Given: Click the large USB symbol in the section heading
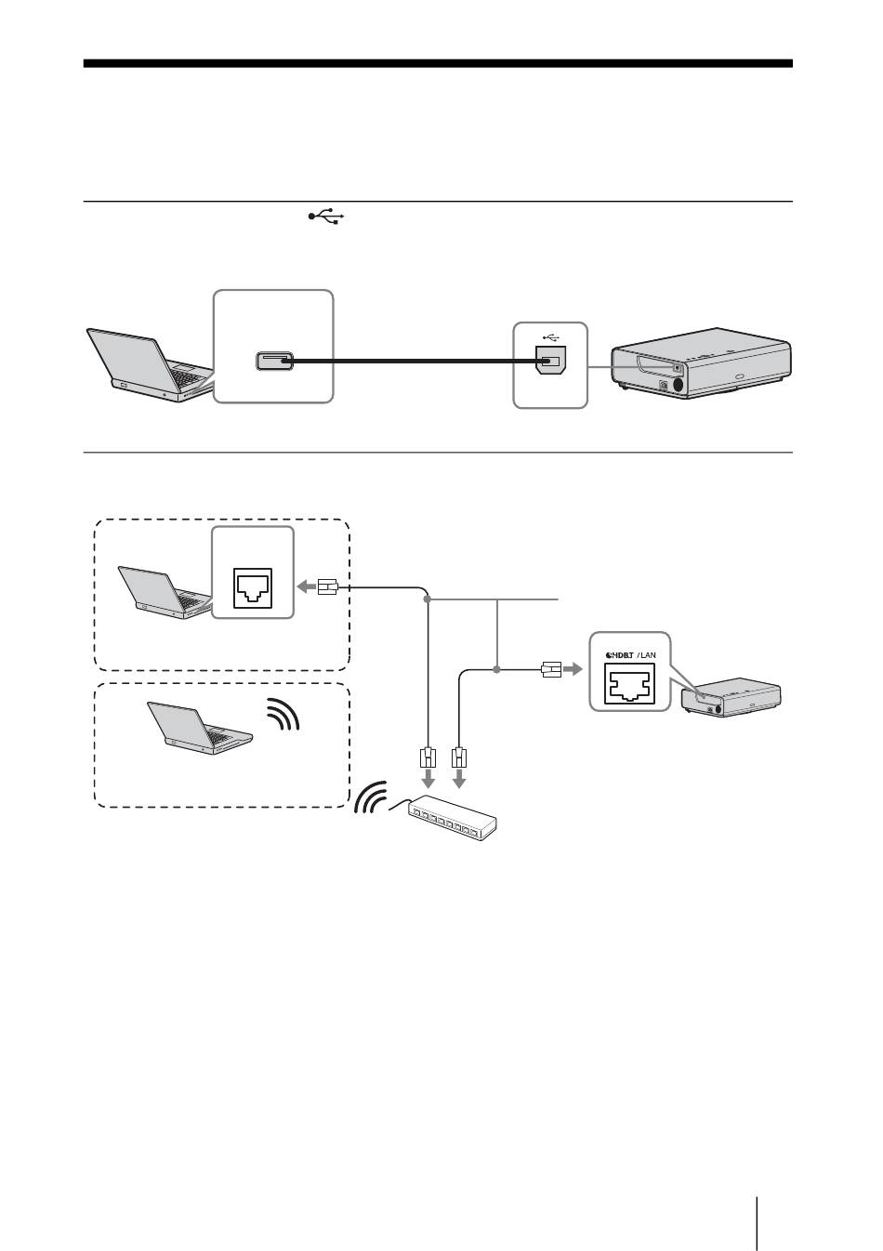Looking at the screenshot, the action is pos(326,217).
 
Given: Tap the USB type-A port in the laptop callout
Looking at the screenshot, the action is pos(274,362).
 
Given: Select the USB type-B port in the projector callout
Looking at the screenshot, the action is pos(550,360).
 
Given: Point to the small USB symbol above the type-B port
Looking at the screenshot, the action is pos(551,337).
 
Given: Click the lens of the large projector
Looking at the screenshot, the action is pos(679,384).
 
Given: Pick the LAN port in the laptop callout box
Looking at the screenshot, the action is pos(253,588).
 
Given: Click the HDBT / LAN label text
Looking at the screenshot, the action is pos(630,655).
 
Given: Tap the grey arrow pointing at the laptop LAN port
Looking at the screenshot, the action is pos(307,587).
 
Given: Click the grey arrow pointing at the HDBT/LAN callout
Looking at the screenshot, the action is pos(573,669).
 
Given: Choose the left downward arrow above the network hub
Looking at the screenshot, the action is pos(428,778).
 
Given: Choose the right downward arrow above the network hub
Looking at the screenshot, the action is pos(459,778).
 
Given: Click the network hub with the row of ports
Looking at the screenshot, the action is pos(453,817).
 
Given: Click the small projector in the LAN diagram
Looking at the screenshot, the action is pos(731,696).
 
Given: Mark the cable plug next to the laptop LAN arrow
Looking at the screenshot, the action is pos(327,587).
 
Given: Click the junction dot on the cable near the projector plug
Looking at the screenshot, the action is pos(496,669).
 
